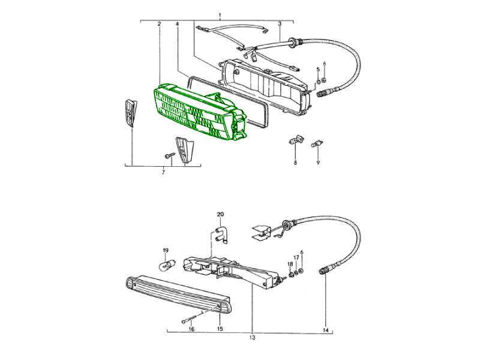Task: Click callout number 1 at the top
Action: [220, 15]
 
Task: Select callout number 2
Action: [159, 23]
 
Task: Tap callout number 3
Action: [177, 23]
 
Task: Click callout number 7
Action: [163, 173]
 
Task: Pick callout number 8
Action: [295, 163]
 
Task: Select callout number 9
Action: [318, 163]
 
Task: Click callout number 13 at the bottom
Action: [252, 338]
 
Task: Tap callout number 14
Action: [325, 331]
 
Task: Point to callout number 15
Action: [220, 329]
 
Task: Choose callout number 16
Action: [191, 329]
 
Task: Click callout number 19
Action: [166, 250]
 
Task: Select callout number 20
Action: [220, 214]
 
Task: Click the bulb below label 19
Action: [165, 265]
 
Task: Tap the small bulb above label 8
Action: [294, 142]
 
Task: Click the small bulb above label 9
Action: [317, 143]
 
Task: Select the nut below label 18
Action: [291, 273]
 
